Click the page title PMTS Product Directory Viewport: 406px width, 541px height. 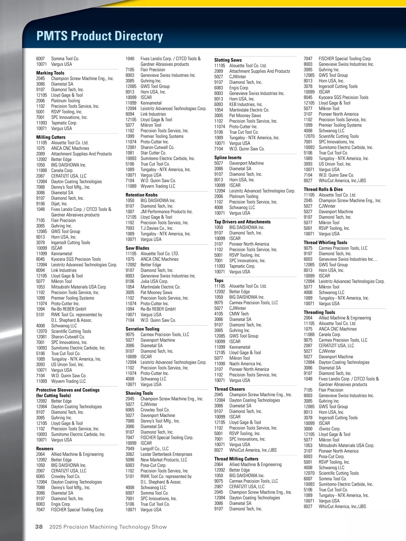click(x=99, y=36)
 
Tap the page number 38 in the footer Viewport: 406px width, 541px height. click(x=39, y=526)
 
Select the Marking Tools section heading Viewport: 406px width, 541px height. click(x=50, y=73)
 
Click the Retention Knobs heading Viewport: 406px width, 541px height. click(x=141, y=195)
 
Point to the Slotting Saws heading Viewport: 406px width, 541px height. click(x=228, y=60)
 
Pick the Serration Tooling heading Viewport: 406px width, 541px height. click(x=142, y=329)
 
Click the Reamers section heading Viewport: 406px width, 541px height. click(x=45, y=449)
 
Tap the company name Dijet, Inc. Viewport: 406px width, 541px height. click(x=59, y=204)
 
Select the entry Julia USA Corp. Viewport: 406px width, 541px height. click(x=154, y=281)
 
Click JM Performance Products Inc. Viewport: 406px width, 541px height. click(x=166, y=212)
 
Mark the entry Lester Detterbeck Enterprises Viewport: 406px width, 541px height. click(x=166, y=454)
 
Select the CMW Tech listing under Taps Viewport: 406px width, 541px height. click(x=239, y=314)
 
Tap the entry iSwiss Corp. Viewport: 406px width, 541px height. click(x=329, y=429)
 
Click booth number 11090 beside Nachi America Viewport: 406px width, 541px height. click(x=220, y=363)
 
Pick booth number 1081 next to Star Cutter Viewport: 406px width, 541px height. click(x=130, y=153)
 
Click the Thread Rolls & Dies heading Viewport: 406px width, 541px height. click(x=323, y=189)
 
